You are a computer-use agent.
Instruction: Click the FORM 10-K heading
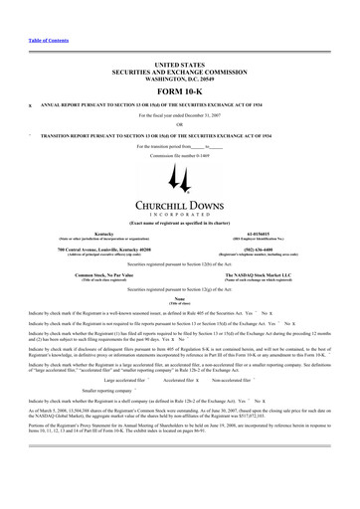point(179,90)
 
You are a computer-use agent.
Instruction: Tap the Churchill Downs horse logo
point(179,179)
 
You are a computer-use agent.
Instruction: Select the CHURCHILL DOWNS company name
point(179,206)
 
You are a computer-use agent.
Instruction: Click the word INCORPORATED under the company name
point(179,216)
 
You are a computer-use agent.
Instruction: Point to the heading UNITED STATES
point(179,63)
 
